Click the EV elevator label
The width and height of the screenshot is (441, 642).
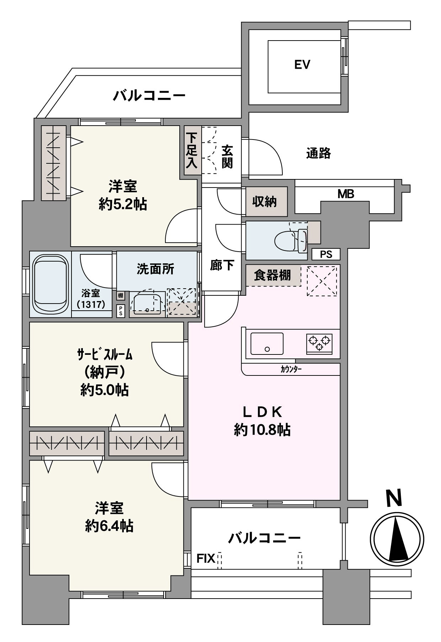(x=302, y=65)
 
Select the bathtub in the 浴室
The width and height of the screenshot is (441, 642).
(x=51, y=285)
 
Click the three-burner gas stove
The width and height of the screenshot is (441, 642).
(x=319, y=344)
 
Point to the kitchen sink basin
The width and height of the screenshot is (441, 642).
(x=267, y=344)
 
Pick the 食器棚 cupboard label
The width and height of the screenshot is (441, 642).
(x=272, y=275)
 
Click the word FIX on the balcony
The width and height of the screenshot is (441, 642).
(x=206, y=558)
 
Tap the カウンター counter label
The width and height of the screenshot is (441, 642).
(x=291, y=369)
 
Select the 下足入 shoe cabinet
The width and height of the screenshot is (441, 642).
(x=192, y=151)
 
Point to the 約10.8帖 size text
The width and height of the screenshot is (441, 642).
(x=262, y=430)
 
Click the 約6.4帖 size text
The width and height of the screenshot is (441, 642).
(x=109, y=526)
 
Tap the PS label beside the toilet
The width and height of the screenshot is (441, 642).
(x=326, y=254)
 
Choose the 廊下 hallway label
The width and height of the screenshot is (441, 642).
(x=222, y=265)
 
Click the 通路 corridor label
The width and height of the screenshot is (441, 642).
(x=319, y=153)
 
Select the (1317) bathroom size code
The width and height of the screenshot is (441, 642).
(x=91, y=305)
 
